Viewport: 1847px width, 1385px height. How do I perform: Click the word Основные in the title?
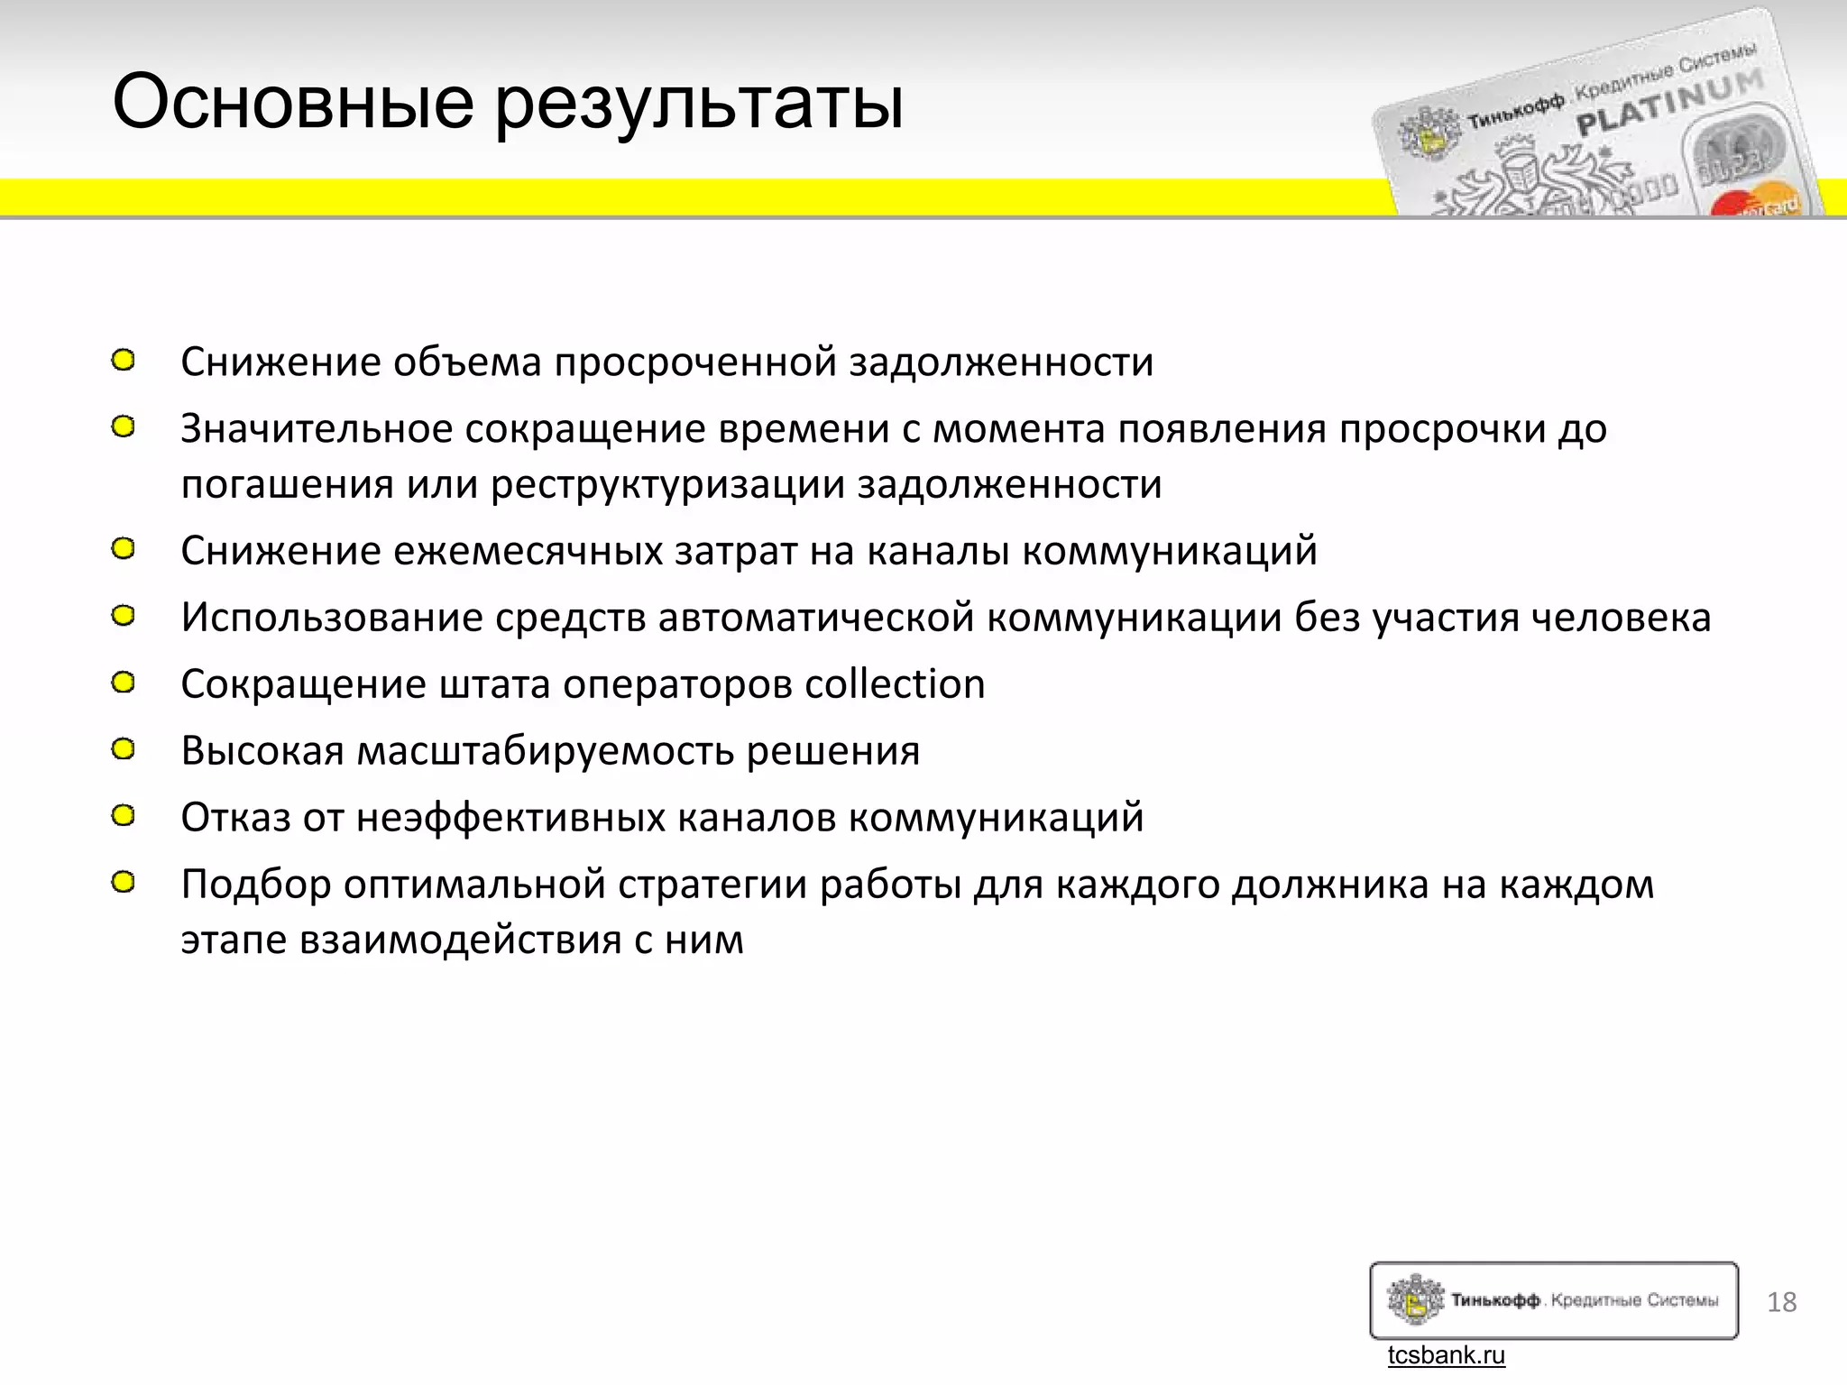293,102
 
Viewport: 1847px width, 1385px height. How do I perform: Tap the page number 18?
1782,1302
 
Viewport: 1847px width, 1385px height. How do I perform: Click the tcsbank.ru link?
1446,1355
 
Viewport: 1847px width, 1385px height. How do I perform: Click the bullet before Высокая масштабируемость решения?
124,749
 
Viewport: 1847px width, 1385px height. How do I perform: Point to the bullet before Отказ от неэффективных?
124,816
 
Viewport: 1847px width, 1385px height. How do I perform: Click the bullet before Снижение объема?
124,361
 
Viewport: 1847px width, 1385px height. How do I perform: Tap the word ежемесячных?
528,551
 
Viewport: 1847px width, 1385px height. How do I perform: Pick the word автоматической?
816,619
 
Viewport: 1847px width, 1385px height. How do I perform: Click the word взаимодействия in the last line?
460,940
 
